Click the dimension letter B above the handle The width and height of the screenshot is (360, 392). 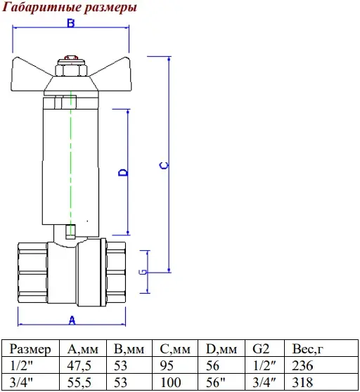pyautogui.click(x=71, y=23)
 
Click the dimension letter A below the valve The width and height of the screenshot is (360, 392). pyautogui.click(x=72, y=320)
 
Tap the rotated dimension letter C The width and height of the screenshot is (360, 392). pyautogui.click(x=164, y=166)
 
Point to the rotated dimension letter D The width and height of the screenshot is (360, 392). pyautogui.click(x=123, y=173)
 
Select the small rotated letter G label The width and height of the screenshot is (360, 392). pyautogui.click(x=143, y=272)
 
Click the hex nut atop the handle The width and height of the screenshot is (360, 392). pyautogui.click(x=71, y=70)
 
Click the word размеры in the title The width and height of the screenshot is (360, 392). pyautogui.click(x=110, y=8)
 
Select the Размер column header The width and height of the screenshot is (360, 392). pyautogui.click(x=30, y=348)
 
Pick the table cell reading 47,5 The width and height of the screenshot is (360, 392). pyautogui.click(x=79, y=365)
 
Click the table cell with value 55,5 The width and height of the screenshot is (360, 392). pyautogui.click(x=79, y=382)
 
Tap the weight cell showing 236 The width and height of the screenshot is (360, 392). pyautogui.click(x=302, y=365)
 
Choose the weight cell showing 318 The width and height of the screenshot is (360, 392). pyautogui.click(x=302, y=382)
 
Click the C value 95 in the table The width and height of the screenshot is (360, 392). pyautogui.click(x=167, y=365)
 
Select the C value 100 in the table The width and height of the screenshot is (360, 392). pyautogui.click(x=170, y=382)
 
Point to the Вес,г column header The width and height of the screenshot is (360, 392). pyautogui.click(x=307, y=348)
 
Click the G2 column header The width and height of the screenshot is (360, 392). pyautogui.click(x=261, y=348)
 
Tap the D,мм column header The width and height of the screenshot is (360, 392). pyautogui.click(x=221, y=348)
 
